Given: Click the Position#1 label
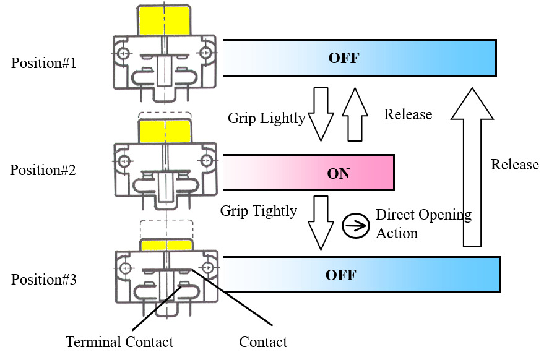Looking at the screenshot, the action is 44,63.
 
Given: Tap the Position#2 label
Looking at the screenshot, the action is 43,170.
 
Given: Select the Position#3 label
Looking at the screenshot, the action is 44,280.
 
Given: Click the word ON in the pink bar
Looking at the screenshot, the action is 338,174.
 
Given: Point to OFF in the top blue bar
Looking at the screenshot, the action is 344,58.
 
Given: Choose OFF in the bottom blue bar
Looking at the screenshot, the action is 340,275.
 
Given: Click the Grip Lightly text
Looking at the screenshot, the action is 267,118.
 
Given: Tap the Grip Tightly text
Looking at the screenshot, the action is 259,212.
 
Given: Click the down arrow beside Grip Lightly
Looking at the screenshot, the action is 321,114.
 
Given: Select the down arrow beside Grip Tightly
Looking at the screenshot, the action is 321,223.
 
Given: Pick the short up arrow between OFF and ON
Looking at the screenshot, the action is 355,114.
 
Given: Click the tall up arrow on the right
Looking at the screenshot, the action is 472,167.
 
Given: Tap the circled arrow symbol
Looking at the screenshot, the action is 355,226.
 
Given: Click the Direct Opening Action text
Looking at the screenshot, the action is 423,224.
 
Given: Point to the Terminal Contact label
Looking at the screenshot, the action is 119,342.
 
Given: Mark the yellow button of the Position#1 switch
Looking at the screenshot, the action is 165,21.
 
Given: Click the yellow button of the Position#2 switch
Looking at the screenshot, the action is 165,131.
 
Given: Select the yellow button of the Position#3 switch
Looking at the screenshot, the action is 166,245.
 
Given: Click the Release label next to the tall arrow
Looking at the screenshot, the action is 515,165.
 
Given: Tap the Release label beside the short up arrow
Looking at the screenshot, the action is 408,114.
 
